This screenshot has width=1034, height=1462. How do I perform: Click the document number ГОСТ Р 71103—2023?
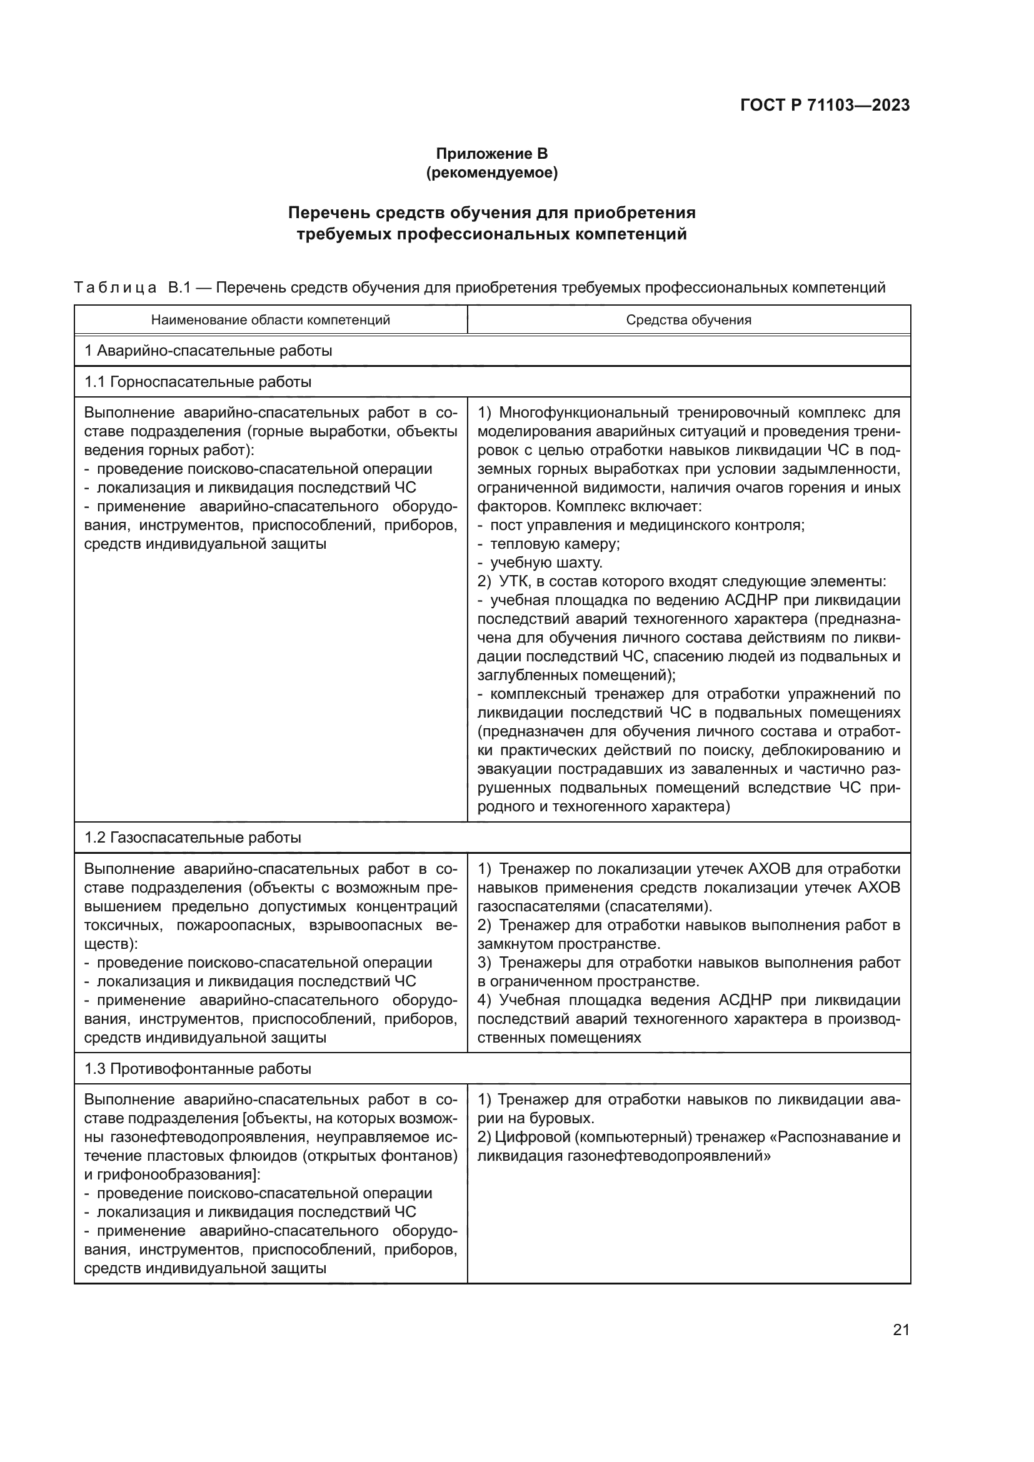pyautogui.click(x=825, y=106)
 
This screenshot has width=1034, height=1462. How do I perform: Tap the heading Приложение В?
pyautogui.click(x=491, y=154)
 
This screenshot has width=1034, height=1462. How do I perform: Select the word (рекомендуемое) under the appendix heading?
pyautogui.click(x=491, y=173)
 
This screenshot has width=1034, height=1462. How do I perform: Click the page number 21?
pyautogui.click(x=901, y=1330)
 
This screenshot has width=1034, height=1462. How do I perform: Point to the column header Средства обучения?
pyautogui.click(x=688, y=319)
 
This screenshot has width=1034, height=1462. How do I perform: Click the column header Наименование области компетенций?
pyautogui.click(x=271, y=319)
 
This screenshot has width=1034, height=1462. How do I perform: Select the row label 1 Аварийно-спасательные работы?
pyautogui.click(x=208, y=351)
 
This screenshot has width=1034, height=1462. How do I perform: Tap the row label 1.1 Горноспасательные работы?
pyautogui.click(x=198, y=382)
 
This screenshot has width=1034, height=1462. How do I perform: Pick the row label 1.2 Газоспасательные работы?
pyautogui.click(x=193, y=838)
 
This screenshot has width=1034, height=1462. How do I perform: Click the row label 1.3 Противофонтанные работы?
pyautogui.click(x=198, y=1068)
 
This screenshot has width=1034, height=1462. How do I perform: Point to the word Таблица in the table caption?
pyautogui.click(x=115, y=288)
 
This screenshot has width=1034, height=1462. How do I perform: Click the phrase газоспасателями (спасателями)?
pyautogui.click(x=595, y=906)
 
